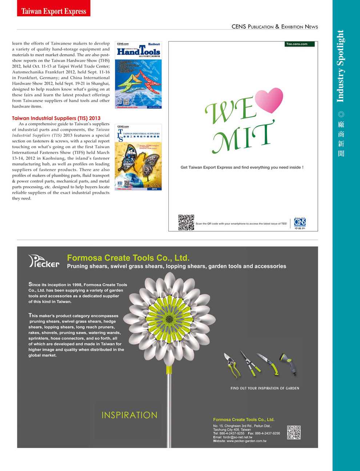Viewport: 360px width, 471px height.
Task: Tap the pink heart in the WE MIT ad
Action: pos(269,100)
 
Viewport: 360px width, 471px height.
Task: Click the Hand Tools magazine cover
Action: pos(138,75)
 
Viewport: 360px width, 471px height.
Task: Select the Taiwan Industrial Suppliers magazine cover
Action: pos(138,157)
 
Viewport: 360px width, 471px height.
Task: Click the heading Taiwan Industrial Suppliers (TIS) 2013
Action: pos(56,118)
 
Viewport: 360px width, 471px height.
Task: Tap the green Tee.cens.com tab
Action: pos(299,44)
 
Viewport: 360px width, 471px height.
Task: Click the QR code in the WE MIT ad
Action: pos(186,222)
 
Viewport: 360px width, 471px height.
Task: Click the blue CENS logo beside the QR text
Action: pos(300,222)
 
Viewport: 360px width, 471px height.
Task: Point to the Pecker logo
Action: pos(44,261)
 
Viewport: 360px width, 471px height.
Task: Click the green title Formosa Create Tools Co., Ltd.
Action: pos(128,258)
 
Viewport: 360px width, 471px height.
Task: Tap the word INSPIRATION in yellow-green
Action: pos(129,415)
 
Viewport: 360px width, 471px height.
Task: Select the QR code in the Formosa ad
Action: pos(294,432)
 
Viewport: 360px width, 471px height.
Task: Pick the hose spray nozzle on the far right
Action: pos(289,364)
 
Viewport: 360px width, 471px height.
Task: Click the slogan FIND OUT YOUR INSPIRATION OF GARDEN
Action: pos(265,388)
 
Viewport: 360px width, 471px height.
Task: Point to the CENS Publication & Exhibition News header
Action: pos(275,27)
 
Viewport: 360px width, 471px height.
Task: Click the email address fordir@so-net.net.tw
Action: pos(237,437)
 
